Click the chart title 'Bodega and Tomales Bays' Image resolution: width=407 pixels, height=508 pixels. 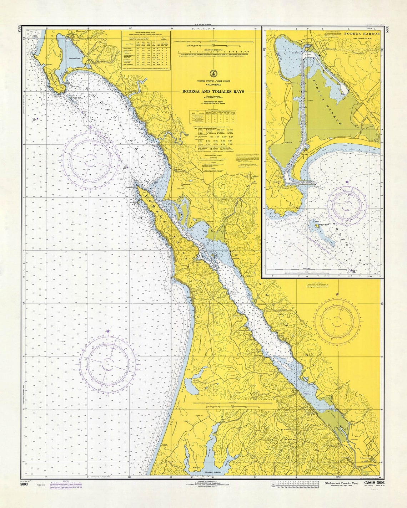tap(213, 91)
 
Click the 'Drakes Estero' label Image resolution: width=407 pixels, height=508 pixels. tap(213, 472)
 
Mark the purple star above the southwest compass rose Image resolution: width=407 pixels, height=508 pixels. tap(108, 332)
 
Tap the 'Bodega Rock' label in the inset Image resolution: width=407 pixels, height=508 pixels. tap(323, 227)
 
